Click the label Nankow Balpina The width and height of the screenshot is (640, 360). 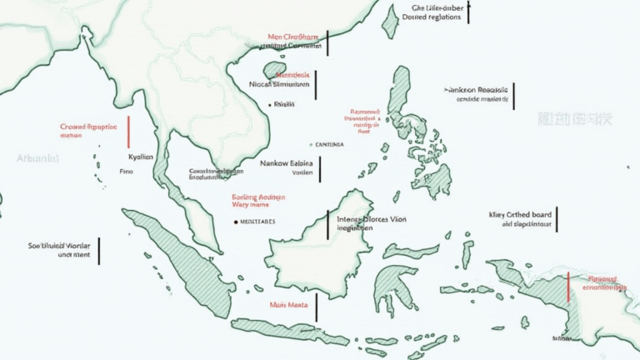286,163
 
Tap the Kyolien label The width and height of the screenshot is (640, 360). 141,157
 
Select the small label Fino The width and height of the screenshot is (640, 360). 126,171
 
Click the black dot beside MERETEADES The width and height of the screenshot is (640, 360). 236,222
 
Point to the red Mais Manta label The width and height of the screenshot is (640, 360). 287,305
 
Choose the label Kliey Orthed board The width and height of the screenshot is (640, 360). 520,214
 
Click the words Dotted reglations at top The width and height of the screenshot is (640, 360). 431,17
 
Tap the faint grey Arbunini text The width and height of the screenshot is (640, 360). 37,157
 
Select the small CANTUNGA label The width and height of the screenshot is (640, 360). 328,144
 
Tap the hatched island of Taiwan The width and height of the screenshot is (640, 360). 390,22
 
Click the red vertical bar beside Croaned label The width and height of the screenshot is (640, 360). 128,132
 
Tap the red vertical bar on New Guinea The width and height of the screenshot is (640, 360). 568,286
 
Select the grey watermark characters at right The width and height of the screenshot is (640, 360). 574,119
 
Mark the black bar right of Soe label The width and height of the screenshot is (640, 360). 98,251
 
